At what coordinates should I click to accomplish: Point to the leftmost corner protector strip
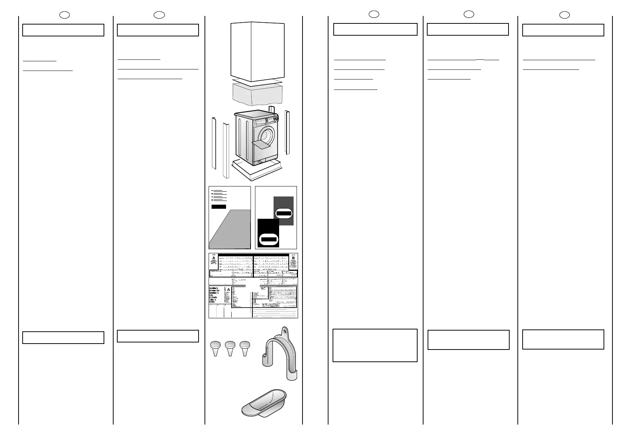(214, 143)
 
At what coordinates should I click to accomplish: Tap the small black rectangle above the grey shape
(219, 207)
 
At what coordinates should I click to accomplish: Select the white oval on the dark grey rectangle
(284, 213)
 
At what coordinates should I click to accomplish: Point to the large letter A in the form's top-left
(214, 259)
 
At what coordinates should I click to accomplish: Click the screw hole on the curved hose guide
(285, 330)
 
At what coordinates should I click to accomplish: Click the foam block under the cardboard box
(257, 93)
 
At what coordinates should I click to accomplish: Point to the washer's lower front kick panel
(265, 161)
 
